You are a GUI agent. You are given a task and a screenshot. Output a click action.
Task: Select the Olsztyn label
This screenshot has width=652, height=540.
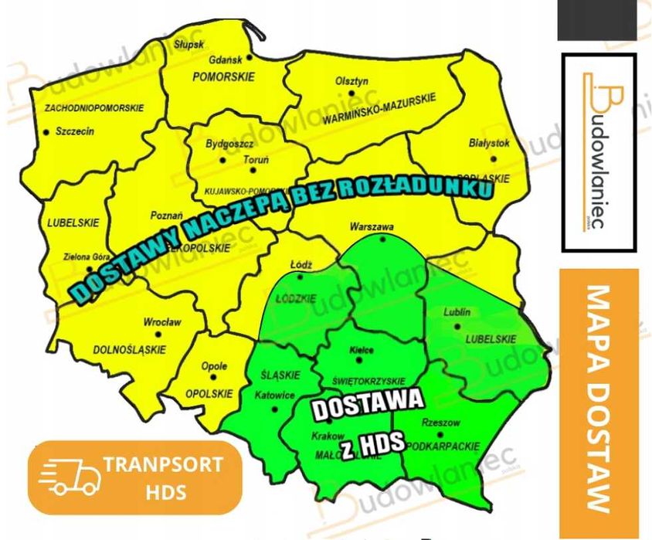point(352,81)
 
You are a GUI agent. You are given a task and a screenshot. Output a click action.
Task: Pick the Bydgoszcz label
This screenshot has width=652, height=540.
point(230,144)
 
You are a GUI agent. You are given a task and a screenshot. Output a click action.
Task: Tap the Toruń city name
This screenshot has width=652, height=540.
point(256,160)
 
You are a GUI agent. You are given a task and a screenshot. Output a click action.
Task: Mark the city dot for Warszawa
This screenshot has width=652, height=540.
point(383,239)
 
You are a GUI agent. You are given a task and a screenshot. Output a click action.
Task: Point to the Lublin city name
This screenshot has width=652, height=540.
point(457,313)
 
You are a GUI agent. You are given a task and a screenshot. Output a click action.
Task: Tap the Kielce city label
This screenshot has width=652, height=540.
point(362,350)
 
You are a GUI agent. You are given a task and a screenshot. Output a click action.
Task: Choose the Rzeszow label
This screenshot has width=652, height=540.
point(441,423)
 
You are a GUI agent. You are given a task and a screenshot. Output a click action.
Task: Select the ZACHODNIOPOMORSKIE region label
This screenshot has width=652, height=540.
point(94,107)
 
